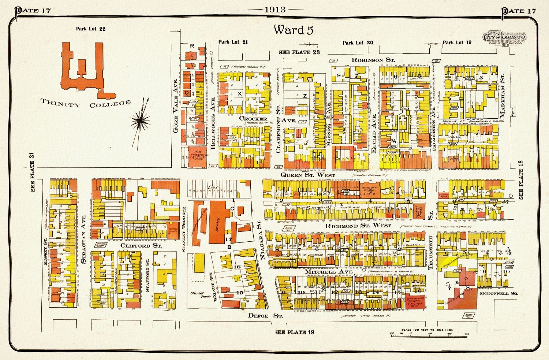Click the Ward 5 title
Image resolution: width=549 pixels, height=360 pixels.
click(294, 30)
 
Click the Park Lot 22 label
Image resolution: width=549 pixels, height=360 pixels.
click(91, 29)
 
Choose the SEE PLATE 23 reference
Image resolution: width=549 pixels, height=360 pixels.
click(299, 52)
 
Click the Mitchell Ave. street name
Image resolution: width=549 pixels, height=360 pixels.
click(329, 272)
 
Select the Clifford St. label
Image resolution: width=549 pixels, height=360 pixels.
click(136, 246)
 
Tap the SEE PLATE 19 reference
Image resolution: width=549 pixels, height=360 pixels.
click(295, 333)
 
